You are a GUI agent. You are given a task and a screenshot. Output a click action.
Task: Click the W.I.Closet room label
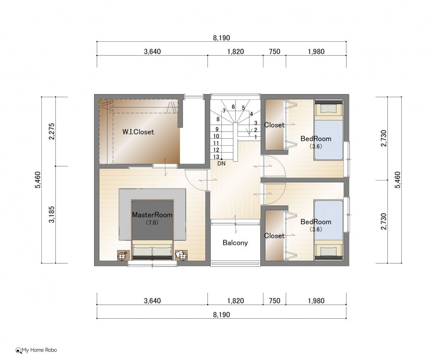coord(138,132)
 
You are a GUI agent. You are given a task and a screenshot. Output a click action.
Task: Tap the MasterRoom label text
coord(152,215)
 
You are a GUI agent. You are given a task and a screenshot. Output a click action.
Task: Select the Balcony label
coord(235,243)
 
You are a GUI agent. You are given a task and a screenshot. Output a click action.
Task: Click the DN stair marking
coord(222,163)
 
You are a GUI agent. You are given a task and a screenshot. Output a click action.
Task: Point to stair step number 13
coord(216,157)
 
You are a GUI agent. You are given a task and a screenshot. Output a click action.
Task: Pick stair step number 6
coord(233,107)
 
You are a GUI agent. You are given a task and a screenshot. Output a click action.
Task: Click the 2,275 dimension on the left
coord(52,132)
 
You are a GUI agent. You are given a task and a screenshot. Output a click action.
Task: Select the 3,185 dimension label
coord(52,215)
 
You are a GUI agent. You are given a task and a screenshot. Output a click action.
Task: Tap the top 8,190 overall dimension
coord(222,38)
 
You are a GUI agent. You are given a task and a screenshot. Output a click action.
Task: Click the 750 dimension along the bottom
coord(275,300)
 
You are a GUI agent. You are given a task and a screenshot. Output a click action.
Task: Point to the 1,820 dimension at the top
coord(235,52)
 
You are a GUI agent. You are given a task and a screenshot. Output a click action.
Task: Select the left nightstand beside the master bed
coord(123,255)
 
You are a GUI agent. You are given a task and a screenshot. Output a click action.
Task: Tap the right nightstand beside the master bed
coord(182,255)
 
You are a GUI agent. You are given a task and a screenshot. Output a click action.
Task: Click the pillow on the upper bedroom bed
coord(329,109)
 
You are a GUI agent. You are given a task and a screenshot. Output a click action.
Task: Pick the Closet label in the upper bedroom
coord(274,125)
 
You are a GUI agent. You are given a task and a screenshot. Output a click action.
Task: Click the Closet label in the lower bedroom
coord(274,236)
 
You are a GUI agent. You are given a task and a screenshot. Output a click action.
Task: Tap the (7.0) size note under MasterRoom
coord(152,223)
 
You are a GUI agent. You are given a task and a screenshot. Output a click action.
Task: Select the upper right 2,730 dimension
coord(383,138)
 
